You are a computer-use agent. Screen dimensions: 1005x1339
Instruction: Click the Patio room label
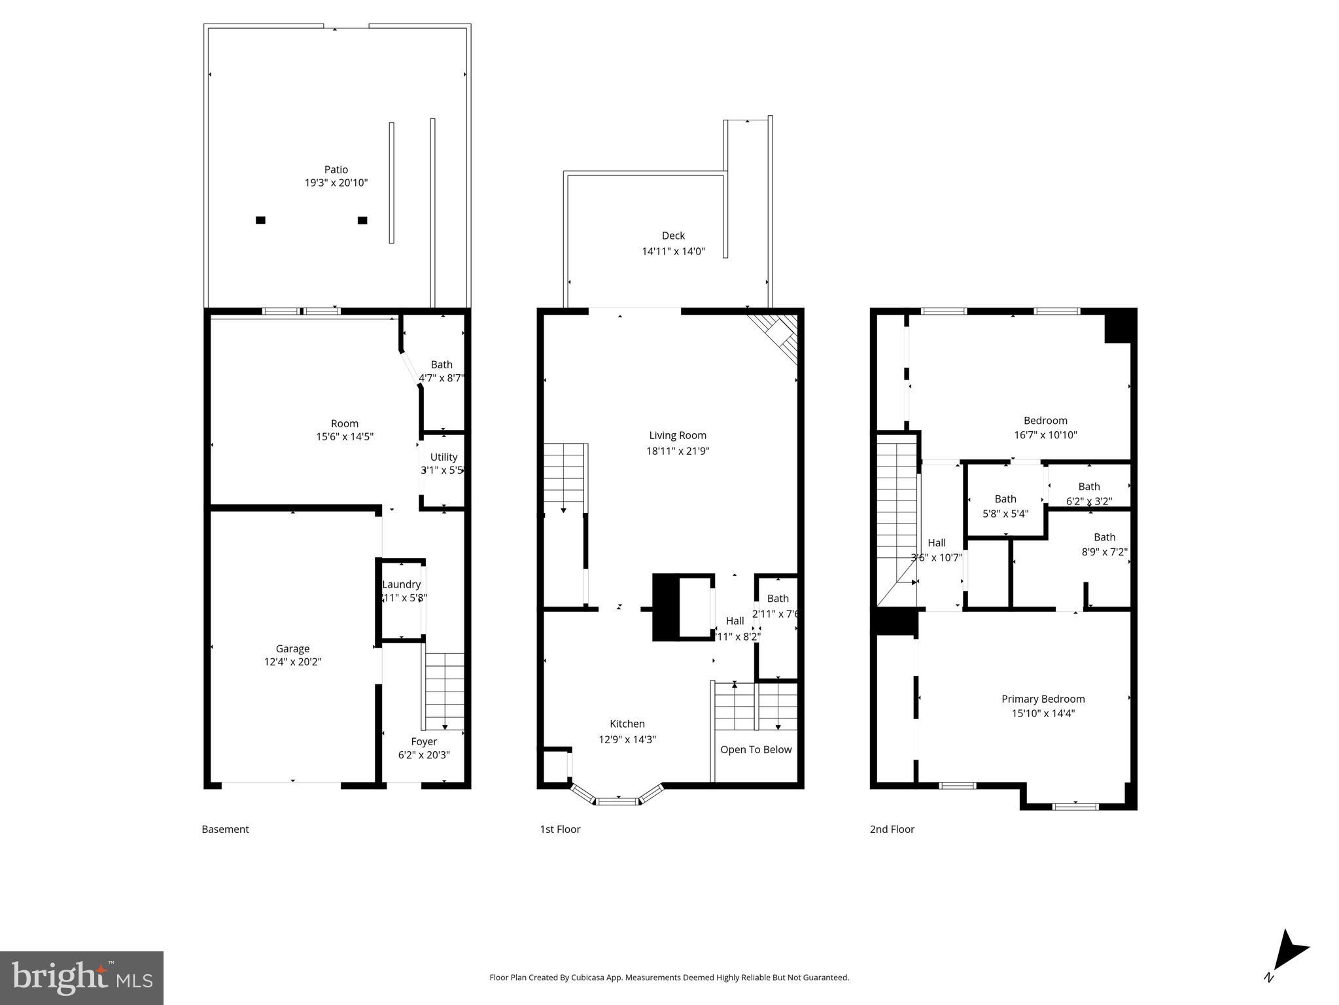[336, 169]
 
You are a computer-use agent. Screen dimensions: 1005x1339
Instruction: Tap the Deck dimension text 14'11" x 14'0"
[673, 251]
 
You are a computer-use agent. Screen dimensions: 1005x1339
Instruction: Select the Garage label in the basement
[292, 648]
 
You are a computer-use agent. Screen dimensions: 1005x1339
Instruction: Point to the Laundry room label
[401, 584]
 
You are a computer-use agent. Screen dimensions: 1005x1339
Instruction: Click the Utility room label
[443, 457]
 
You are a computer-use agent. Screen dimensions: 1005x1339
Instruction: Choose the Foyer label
[424, 741]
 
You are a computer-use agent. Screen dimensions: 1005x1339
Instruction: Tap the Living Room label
[678, 435]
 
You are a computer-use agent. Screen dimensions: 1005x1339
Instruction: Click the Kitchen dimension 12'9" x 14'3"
[627, 739]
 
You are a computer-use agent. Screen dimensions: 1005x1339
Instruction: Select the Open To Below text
[756, 749]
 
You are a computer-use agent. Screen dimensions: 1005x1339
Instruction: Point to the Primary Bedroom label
[1043, 699]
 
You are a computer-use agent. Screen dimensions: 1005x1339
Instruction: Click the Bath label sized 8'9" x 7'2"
[1104, 537]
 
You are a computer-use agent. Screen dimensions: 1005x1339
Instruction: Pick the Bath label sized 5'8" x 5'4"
[1005, 499]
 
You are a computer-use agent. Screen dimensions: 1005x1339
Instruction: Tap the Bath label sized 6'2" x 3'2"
[1089, 486]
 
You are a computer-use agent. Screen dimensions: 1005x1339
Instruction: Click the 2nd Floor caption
[892, 829]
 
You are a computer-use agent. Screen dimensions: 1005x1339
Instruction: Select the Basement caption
[225, 829]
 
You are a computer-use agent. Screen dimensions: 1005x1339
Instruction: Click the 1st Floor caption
[560, 829]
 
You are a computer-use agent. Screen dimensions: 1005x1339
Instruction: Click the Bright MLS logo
[82, 978]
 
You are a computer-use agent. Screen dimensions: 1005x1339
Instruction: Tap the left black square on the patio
[260, 220]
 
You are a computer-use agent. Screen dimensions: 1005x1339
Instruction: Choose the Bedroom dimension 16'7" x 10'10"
[1045, 435]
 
